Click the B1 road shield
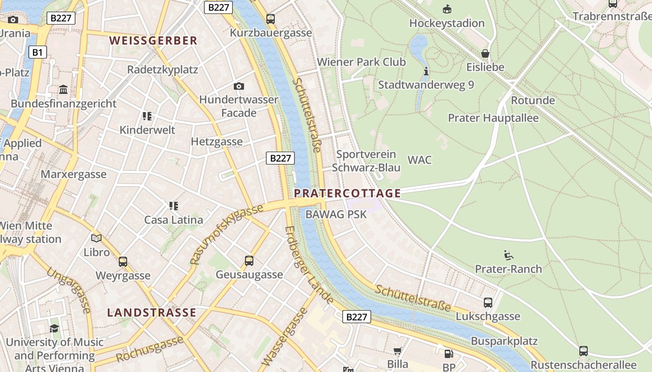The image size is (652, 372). tap(38, 52)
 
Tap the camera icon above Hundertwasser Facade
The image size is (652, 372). tap(239, 86)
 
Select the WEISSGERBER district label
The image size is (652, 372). tap(153, 40)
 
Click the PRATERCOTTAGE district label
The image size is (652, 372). tap(347, 193)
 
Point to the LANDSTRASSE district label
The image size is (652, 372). tap(152, 312)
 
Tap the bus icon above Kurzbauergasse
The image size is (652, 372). tap(271, 19)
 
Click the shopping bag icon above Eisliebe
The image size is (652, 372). tap(485, 53)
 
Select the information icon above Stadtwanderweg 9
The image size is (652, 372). tap(426, 71)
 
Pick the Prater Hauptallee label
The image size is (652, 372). tap(493, 118)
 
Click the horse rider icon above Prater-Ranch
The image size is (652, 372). tap(508, 255)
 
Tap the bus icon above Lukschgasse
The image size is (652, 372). tap(488, 303)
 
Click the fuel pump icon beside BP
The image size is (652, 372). tap(448, 354)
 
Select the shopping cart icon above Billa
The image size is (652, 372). tap(397, 351)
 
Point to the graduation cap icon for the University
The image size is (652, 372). tap(54, 328)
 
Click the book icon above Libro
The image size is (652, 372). tap(96, 239)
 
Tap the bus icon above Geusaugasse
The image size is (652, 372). tap(249, 261)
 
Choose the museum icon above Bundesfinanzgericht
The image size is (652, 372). tap(63, 89)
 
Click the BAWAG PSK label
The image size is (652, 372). tap(336, 214)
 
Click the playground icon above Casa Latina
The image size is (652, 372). tap(174, 206)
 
